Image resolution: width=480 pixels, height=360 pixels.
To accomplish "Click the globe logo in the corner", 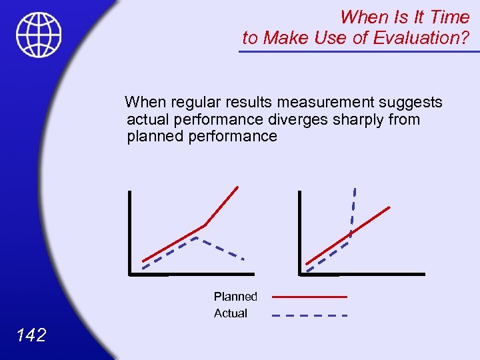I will pyautogui.click(x=39, y=35).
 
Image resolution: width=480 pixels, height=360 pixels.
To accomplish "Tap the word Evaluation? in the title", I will pyautogui.click(x=421, y=38).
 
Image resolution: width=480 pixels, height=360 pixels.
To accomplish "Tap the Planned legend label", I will pyautogui.click(x=235, y=296).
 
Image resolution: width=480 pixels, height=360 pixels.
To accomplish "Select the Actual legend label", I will pyautogui.click(x=231, y=313).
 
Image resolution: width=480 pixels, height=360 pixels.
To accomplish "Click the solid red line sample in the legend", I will pyautogui.click(x=310, y=296).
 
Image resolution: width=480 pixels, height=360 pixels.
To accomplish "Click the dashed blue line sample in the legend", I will pyautogui.click(x=310, y=314).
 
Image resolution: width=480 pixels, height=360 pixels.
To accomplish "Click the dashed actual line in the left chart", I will pyautogui.click(x=219, y=247).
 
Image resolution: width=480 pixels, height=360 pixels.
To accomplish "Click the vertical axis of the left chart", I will pyautogui.click(x=130, y=233).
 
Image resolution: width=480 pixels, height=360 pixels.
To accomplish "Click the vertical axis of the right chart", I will pyautogui.click(x=300, y=233).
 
